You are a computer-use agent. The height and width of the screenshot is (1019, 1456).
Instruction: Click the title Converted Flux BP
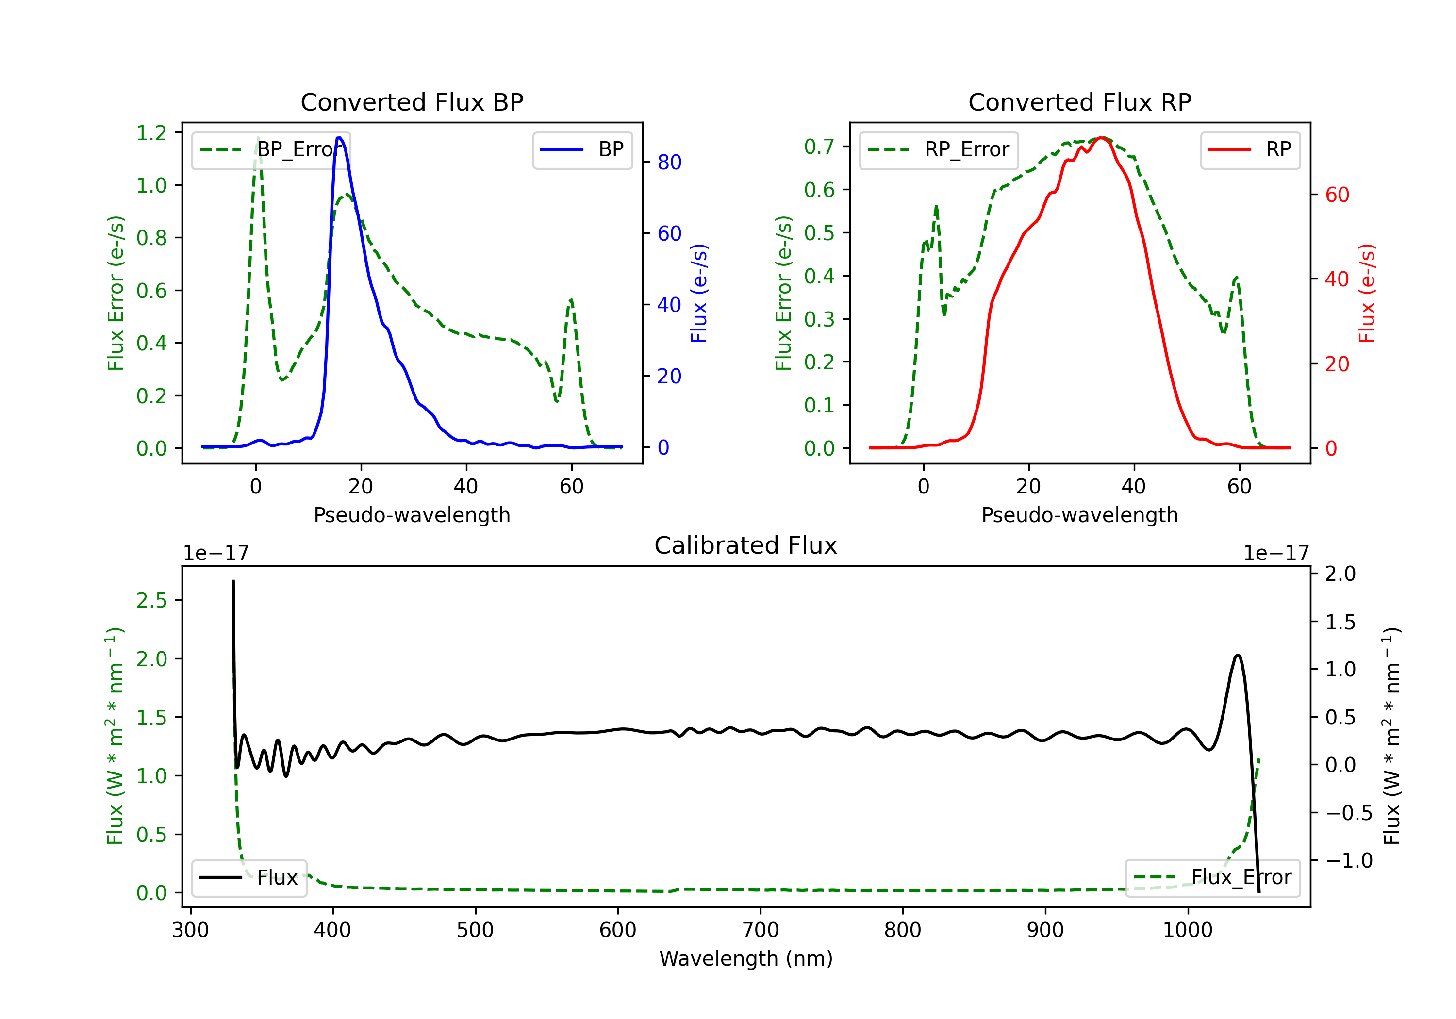(412, 102)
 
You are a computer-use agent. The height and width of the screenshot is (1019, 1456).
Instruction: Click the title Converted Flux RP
(1079, 102)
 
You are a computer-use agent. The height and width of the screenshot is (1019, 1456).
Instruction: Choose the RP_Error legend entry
(939, 149)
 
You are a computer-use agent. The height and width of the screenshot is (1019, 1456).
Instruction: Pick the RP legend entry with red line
(1250, 149)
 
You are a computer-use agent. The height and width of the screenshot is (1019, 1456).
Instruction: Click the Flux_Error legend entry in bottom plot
(1212, 878)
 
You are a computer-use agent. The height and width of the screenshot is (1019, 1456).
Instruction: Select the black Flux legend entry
(249, 878)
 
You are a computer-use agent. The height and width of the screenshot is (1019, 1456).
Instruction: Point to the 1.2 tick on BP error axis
(151, 133)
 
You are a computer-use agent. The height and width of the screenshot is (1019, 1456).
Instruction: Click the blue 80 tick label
(669, 163)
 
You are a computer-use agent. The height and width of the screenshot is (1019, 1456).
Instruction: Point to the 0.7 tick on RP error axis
(819, 147)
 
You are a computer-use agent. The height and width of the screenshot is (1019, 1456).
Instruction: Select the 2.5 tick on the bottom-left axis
(151, 601)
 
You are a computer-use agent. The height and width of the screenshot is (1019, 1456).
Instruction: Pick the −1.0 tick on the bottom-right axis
(1349, 860)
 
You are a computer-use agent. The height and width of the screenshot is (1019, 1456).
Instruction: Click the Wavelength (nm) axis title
(746, 958)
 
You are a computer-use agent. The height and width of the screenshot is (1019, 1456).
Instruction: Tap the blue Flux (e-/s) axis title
(699, 293)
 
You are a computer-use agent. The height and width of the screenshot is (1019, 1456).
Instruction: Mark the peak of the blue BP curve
(339, 138)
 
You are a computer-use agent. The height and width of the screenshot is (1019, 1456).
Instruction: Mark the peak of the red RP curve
(1102, 138)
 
